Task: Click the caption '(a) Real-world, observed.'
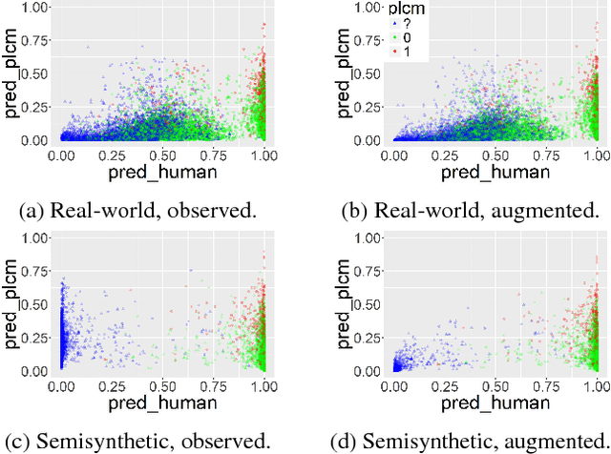point(142,211)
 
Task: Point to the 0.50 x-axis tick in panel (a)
point(162,154)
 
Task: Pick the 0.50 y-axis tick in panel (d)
point(366,303)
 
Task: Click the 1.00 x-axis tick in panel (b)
point(596,154)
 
